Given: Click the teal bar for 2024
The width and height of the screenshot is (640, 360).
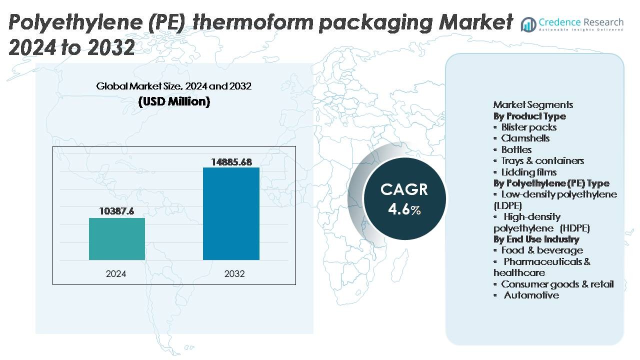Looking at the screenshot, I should point(117,239).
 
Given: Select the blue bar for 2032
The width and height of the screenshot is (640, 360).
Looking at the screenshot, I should point(231,213).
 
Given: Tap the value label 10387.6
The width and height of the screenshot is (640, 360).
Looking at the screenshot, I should point(117,211).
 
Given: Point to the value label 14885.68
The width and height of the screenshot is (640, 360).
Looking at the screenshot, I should point(231,161).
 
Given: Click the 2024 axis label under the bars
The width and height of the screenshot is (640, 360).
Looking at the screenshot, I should point(116,274).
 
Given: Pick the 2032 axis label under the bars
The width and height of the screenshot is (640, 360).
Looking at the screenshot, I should point(234,274).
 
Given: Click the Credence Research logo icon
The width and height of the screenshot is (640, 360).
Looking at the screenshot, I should point(528,23).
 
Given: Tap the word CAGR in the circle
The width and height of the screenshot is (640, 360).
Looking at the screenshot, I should point(404,189).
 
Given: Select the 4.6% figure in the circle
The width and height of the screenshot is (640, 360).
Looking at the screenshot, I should point(404,209).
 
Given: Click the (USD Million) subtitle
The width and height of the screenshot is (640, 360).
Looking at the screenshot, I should point(174,101).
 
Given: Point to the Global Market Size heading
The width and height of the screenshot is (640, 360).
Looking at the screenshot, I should point(174,86).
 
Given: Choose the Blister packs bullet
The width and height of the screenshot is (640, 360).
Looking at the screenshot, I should point(528,127).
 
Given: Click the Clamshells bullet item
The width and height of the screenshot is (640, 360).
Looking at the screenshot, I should point(525,138).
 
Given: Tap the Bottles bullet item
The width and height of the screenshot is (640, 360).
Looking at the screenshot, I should point(516,149).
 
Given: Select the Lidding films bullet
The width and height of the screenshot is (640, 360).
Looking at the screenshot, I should point(528,172).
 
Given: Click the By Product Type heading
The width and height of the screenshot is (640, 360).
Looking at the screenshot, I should point(529,116).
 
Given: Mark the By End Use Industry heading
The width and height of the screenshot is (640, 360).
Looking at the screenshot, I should point(536,239).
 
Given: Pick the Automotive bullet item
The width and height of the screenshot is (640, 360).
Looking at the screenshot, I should point(531,295).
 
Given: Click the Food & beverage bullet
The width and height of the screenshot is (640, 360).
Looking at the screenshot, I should point(541,250).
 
